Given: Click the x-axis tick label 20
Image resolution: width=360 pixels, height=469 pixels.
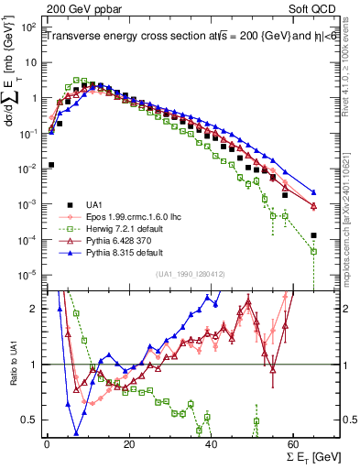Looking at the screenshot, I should pos(128,443).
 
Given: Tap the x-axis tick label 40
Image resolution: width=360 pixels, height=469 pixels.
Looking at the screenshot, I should pos(211,443).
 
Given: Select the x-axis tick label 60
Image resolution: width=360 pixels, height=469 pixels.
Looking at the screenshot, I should pos(293,443).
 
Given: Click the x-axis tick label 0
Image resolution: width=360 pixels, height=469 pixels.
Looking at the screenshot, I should pos(47,443).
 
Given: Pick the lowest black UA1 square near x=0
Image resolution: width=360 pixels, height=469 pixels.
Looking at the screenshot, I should pos(51,165).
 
